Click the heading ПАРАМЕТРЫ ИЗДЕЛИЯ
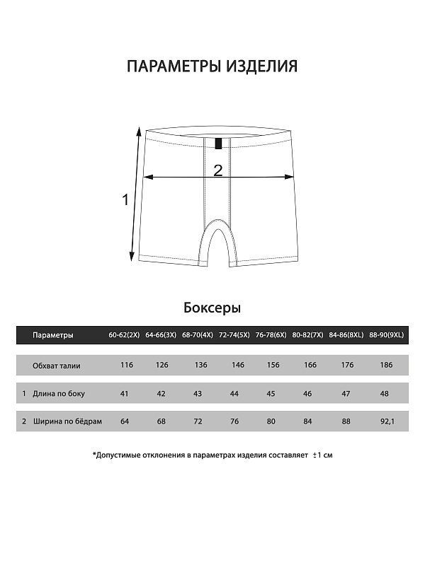[212, 66]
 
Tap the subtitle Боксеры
[212, 308]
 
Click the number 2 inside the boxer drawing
[217, 170]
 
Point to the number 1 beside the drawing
[126, 200]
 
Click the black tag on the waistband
[218, 144]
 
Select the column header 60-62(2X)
[125, 335]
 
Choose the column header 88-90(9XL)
[386, 335]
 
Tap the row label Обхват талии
[57, 366]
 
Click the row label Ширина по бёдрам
[67, 421]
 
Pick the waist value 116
[127, 366]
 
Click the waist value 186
[386, 366]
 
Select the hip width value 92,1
[386, 421]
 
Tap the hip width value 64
[125, 421]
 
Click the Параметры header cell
[52, 335]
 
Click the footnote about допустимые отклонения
[212, 455]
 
